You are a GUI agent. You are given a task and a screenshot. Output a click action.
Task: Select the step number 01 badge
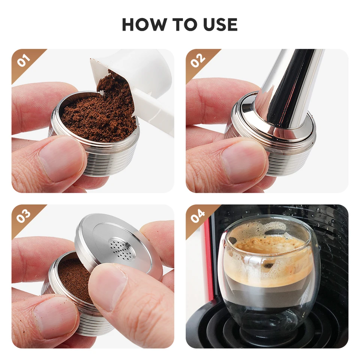point(23,60)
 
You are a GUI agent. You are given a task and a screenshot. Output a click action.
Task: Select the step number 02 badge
point(198,60)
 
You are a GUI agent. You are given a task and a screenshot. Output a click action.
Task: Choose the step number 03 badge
point(23,216)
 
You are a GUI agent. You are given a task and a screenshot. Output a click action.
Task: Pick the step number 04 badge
point(198,216)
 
